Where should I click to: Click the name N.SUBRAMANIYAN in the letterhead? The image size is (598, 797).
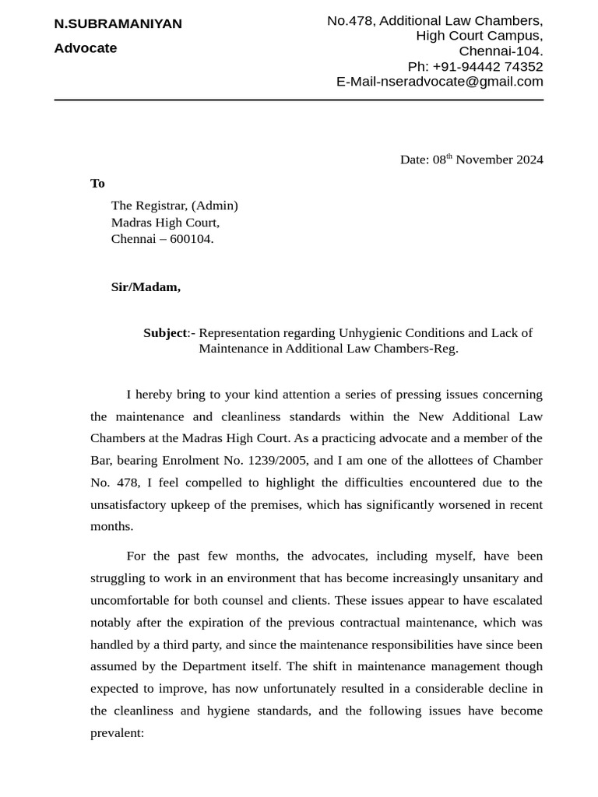[x=118, y=24]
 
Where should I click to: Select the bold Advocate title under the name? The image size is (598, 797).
[x=85, y=48]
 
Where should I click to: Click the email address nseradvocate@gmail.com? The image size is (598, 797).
[x=460, y=82]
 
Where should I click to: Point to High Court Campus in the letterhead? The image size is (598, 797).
[x=479, y=36]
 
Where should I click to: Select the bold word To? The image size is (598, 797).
[x=97, y=184]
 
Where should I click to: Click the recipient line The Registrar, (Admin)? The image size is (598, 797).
[x=174, y=205]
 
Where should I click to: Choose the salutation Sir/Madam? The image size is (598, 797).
[x=146, y=287]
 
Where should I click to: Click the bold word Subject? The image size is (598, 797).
[x=165, y=333]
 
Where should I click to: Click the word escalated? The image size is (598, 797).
[x=517, y=601]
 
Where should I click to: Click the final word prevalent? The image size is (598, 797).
[x=118, y=733]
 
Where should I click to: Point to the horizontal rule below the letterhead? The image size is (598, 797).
[x=298, y=100]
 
